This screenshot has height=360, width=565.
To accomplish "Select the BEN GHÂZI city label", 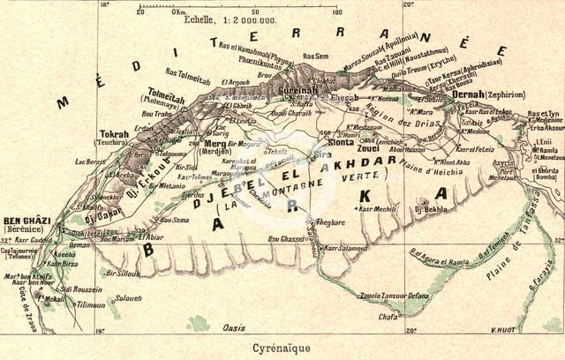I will [24, 220].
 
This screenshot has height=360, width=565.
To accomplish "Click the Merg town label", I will [215, 143].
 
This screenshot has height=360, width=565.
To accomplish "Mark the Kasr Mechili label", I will [377, 209].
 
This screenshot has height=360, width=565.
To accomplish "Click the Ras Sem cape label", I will [315, 55].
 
